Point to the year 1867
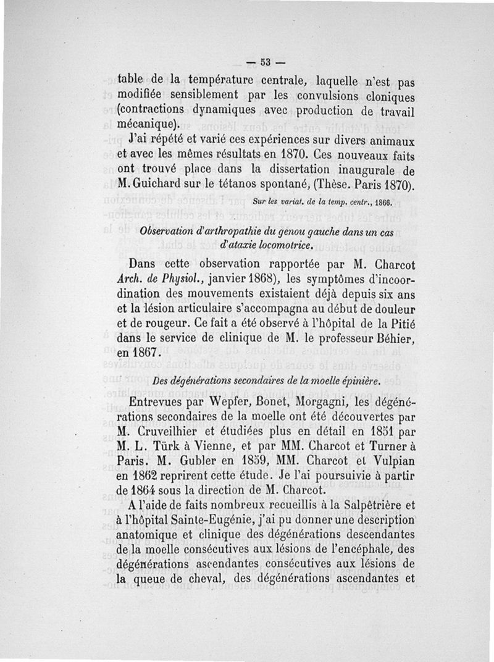147,357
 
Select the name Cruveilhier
175,436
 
